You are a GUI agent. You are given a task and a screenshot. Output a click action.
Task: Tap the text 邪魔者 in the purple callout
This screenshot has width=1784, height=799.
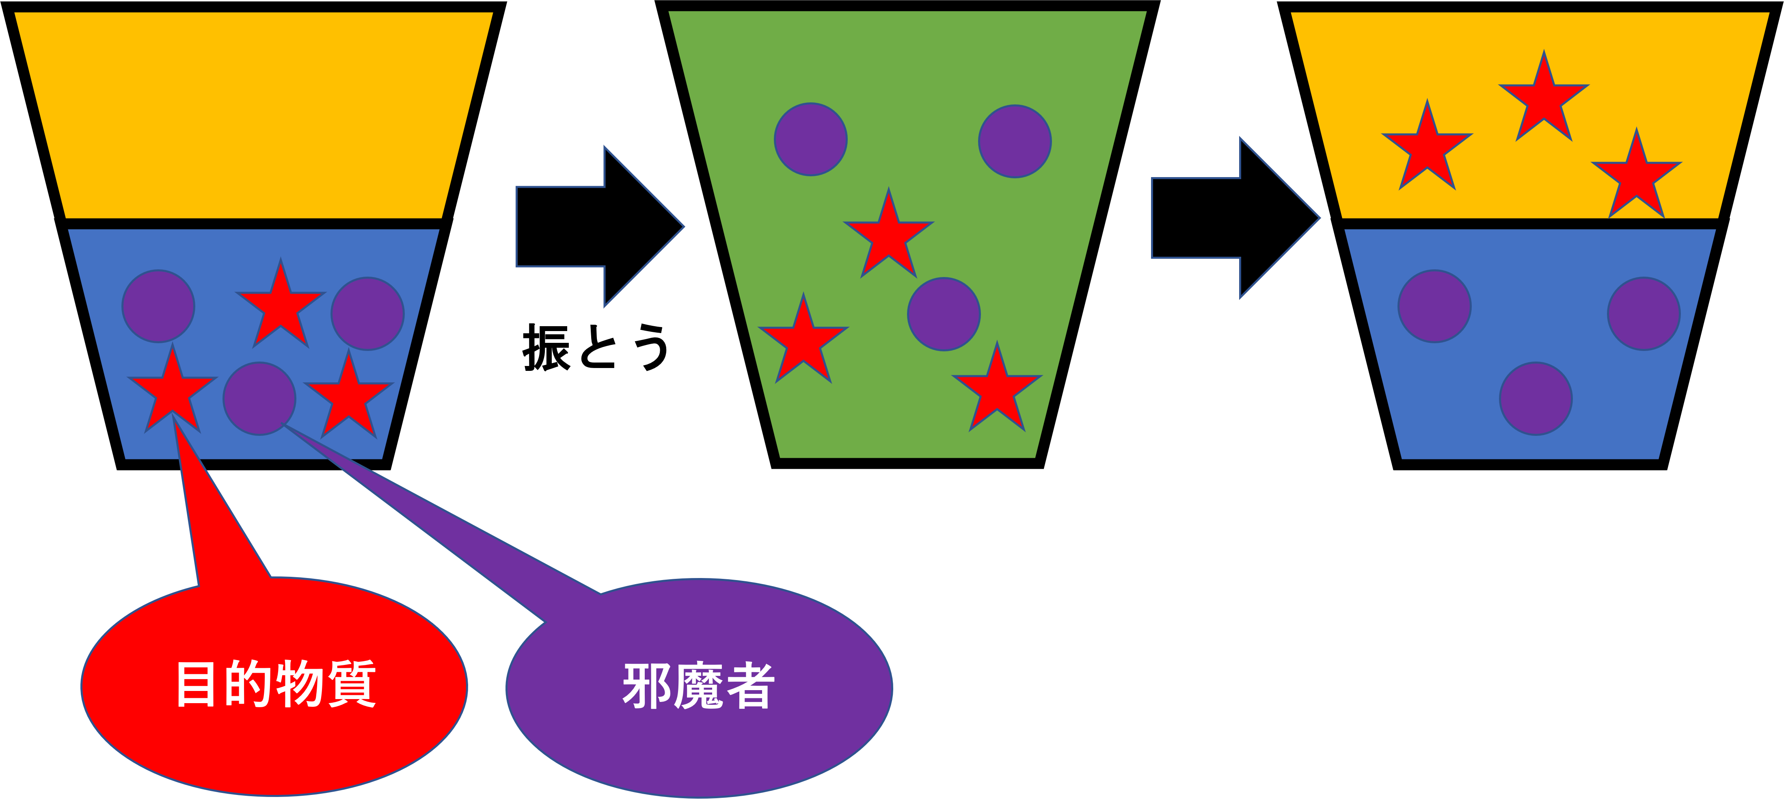point(698,686)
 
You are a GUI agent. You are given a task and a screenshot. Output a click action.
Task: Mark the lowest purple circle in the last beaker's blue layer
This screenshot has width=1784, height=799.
point(1536,398)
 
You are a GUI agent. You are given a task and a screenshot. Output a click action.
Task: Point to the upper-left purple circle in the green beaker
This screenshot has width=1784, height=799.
point(811,139)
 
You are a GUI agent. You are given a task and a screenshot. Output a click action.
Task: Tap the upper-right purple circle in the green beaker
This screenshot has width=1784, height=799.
point(1015,141)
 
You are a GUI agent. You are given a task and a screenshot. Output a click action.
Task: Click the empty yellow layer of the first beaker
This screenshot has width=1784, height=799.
point(253,114)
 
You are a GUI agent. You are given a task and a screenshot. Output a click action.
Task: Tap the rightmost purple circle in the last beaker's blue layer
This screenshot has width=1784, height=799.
point(1644,314)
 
